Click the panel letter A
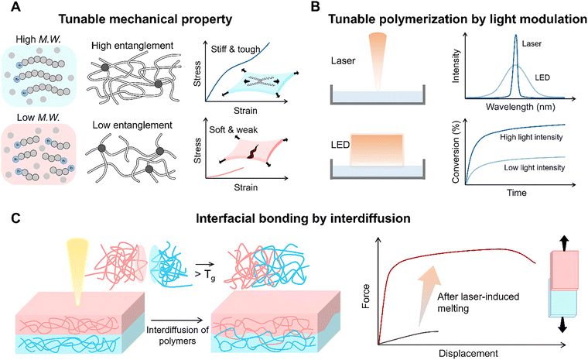(x=15, y=6)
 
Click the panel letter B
(x=316, y=6)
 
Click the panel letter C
(x=15, y=218)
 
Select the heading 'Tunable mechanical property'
(x=145, y=19)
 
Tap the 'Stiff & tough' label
(x=235, y=50)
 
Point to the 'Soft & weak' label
(x=233, y=130)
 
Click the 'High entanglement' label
(x=132, y=46)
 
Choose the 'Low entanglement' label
(x=132, y=125)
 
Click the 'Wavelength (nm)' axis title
(x=520, y=107)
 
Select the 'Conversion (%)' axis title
(x=456, y=155)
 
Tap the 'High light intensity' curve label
(x=531, y=137)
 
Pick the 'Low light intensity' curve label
(x=535, y=168)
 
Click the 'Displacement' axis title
(x=468, y=353)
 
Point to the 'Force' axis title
(x=366, y=297)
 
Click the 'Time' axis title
(x=517, y=193)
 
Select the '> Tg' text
(x=205, y=275)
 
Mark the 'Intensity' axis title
(x=456, y=66)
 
